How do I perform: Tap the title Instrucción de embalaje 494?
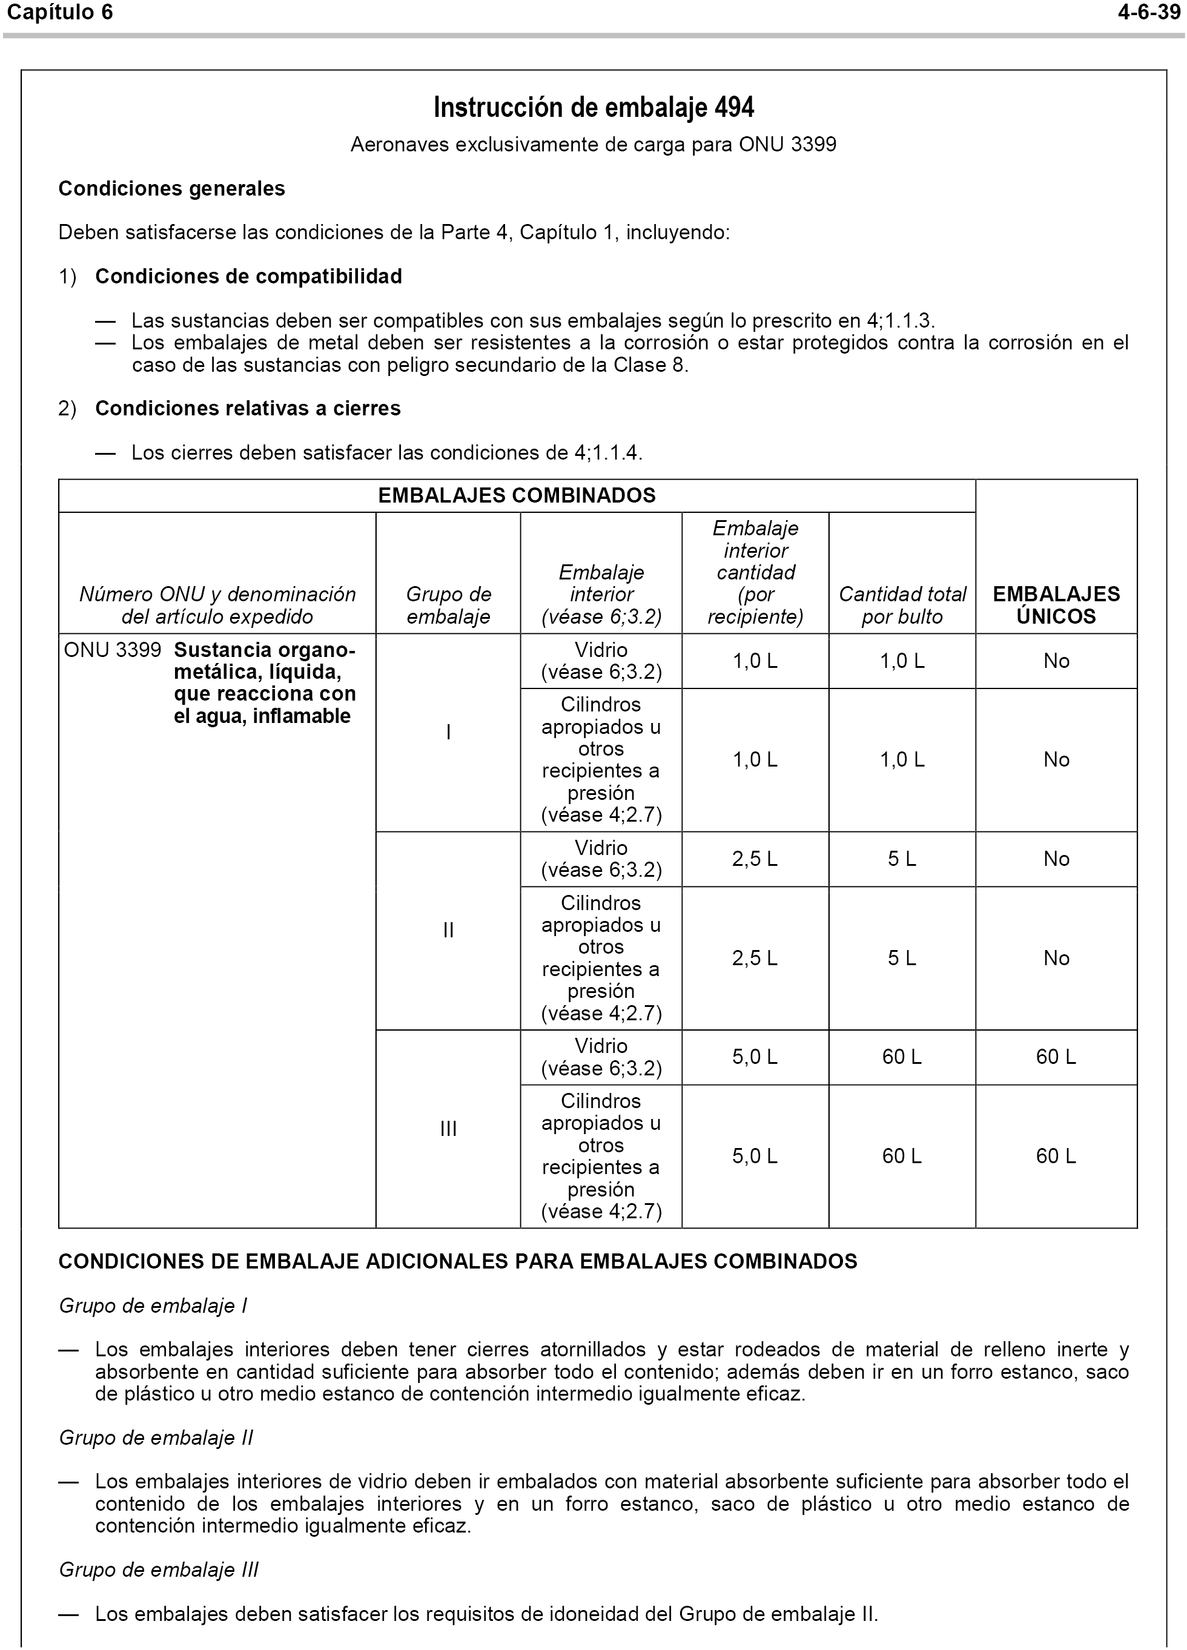pos(593,108)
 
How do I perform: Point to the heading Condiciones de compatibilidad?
pos(248,277)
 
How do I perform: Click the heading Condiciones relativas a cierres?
pos(248,408)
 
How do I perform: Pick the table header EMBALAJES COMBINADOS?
pos(517,495)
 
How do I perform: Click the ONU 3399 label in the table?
pos(112,650)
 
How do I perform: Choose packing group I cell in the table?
pos(448,732)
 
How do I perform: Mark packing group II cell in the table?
pos(448,930)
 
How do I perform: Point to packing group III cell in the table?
pos(448,1129)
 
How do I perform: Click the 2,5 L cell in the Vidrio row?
pos(755,859)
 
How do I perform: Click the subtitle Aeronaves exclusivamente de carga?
pos(593,145)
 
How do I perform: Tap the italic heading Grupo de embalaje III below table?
pos(159,1569)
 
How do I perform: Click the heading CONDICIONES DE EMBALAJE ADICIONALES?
pos(458,1261)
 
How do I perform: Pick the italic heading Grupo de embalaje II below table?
pos(156,1437)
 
